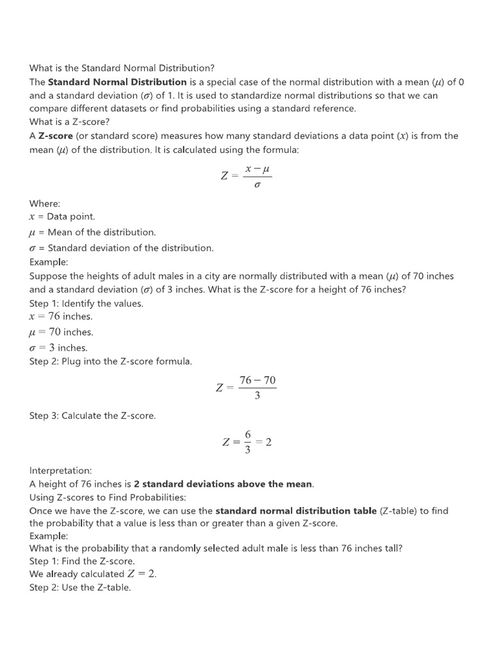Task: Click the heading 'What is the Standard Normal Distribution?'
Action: click(x=122, y=68)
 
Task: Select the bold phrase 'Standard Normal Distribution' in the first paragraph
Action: click(x=117, y=82)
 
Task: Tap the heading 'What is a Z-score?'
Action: click(x=70, y=122)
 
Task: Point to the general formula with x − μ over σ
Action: click(x=247, y=175)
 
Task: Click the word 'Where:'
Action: click(x=45, y=203)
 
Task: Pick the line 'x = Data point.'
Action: click(x=62, y=217)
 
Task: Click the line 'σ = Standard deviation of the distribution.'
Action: click(x=122, y=248)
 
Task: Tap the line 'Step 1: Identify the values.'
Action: click(x=86, y=303)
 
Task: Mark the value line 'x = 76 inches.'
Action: click(x=61, y=317)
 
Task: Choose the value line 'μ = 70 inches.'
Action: click(x=61, y=332)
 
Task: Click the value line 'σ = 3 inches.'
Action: click(x=59, y=348)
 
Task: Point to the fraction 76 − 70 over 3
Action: click(x=257, y=388)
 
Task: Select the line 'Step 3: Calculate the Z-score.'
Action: click(x=93, y=416)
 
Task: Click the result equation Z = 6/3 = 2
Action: click(x=247, y=442)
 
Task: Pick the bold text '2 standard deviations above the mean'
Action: click(x=224, y=484)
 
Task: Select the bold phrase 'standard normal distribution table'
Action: click(x=296, y=510)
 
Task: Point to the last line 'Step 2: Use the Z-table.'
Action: click(x=80, y=587)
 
